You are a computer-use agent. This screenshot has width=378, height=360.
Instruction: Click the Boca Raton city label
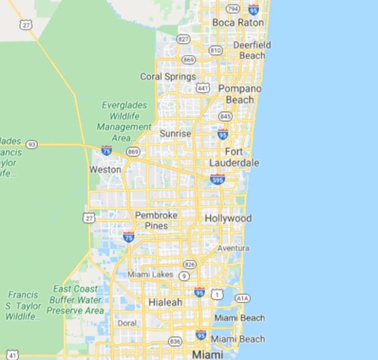(238, 23)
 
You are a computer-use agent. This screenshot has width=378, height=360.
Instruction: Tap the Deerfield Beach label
(252, 50)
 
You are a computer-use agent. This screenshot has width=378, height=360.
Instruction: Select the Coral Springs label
(168, 76)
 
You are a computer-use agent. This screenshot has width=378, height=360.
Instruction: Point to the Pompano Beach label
(240, 94)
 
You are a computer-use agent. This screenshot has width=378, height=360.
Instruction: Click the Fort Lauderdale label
(234, 157)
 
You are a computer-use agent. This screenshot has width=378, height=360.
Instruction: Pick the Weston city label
(105, 169)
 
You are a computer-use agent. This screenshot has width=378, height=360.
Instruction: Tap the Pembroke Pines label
(157, 220)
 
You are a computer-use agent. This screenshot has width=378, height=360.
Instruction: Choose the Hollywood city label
(228, 218)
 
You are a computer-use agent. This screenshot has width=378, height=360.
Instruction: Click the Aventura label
(233, 248)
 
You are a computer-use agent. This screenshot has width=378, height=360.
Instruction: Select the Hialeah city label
(165, 302)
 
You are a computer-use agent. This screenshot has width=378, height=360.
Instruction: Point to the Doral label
(127, 323)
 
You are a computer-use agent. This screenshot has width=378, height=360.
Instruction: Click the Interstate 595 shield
(217, 179)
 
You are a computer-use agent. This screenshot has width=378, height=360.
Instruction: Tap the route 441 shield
(202, 88)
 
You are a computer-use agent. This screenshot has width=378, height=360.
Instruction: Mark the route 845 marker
(225, 116)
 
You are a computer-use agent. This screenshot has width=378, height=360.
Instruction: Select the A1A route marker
(242, 298)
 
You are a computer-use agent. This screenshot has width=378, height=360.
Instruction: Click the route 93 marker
(31, 144)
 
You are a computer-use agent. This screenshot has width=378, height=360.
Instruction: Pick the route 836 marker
(175, 341)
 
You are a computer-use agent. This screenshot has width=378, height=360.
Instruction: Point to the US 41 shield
(13, 355)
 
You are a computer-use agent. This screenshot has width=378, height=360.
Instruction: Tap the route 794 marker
(232, 9)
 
